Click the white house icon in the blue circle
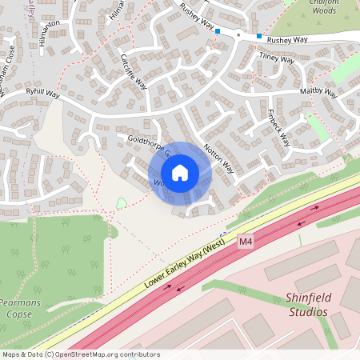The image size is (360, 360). pos(180,173)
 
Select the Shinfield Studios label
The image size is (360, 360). pos(306,305)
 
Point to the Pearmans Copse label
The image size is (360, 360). pos(16,309)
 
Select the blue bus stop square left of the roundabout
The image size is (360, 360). pos(218,31)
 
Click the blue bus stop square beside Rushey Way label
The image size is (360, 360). pos(258,36)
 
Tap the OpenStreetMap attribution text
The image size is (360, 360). pos(81,354)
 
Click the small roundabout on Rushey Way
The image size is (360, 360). pos(238,34)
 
